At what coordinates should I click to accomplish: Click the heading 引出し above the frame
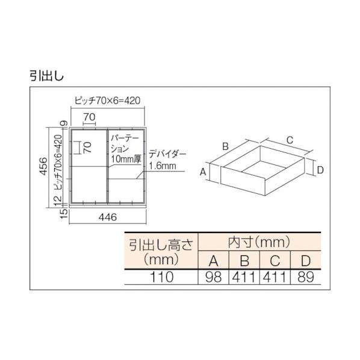46,75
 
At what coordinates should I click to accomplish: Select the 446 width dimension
107,217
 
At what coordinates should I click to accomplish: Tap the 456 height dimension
43,166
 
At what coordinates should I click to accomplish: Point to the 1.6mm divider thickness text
163,166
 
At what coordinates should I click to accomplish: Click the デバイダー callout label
167,154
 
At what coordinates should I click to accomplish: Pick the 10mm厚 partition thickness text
126,159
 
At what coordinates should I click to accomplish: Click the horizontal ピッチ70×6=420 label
107,101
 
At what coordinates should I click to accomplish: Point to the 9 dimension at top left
64,123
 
